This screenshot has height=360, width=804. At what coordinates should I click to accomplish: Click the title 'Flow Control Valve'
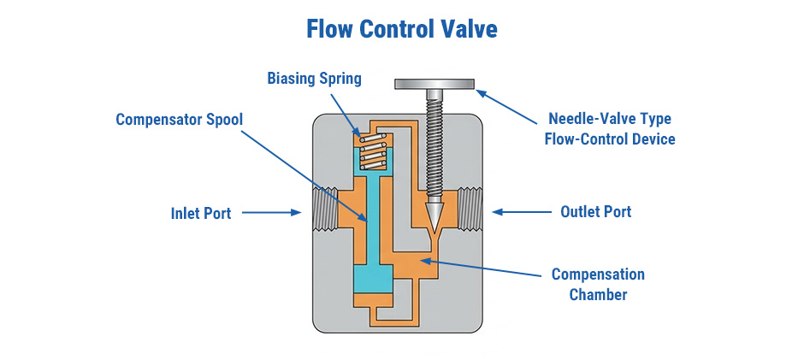coord(401,29)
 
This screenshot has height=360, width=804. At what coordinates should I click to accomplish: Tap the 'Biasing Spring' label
coord(314,79)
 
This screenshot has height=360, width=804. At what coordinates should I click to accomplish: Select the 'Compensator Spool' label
coord(180,119)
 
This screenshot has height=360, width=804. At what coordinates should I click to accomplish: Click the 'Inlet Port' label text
coord(201,213)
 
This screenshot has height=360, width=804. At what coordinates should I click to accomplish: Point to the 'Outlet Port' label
coord(595,211)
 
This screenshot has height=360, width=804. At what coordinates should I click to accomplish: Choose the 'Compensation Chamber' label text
coord(598,284)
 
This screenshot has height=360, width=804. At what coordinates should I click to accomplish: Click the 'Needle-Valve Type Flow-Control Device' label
coord(609,128)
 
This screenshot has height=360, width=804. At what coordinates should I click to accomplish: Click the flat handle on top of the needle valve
coord(434,83)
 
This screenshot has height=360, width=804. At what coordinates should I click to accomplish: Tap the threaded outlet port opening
coord(471,210)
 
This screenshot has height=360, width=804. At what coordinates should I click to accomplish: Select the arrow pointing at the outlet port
coord(518,211)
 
